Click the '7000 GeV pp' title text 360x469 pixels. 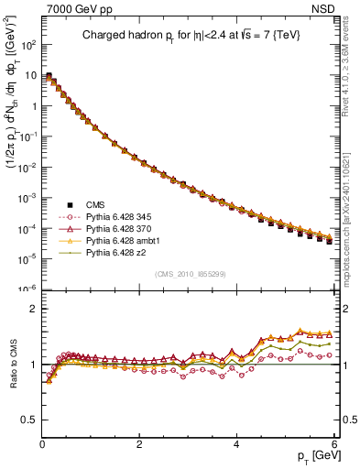(74, 10)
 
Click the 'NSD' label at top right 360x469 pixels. (326, 10)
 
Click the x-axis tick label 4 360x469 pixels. (236, 444)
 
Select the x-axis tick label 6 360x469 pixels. (333, 444)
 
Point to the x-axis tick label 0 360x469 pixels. (42, 444)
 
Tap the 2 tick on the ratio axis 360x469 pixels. (33, 309)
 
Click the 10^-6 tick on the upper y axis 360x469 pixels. (27, 288)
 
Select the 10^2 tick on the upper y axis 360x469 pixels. (27, 44)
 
